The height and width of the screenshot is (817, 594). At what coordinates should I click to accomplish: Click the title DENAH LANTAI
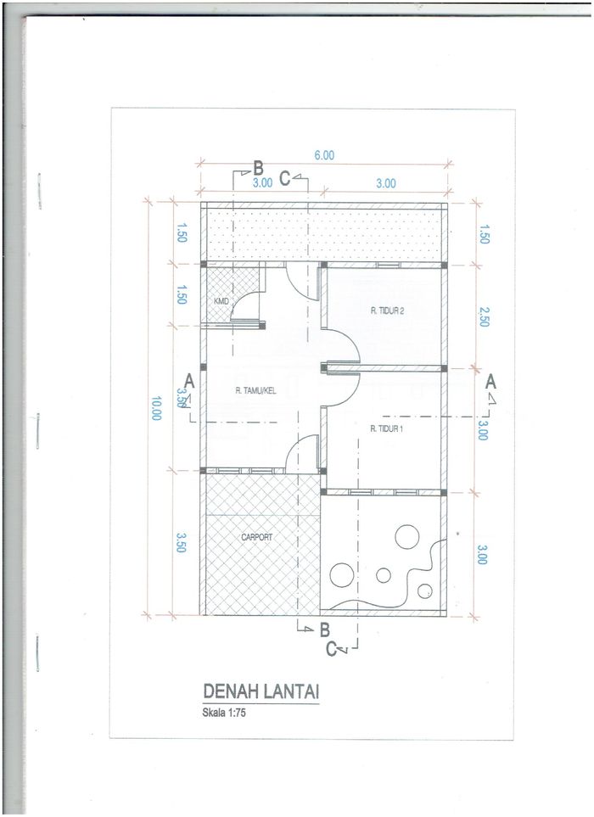click(261, 691)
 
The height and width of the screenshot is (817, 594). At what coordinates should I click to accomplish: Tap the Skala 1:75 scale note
click(223, 713)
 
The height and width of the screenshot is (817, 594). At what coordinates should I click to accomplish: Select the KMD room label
click(221, 301)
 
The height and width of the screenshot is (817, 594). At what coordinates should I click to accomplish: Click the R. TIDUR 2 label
click(387, 311)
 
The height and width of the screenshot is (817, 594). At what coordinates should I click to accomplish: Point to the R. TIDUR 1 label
click(386, 428)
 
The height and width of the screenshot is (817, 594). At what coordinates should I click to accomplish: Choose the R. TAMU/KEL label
click(255, 391)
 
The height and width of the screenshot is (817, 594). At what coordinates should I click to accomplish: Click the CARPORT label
click(256, 537)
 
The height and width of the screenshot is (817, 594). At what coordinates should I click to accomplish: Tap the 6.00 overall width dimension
click(324, 155)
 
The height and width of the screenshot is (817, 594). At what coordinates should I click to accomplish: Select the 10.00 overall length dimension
click(156, 408)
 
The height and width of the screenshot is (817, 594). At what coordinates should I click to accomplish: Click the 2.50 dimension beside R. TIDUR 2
click(484, 316)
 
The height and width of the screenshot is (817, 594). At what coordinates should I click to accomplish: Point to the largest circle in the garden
click(407, 536)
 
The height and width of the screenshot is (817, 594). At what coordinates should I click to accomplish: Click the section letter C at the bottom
click(332, 649)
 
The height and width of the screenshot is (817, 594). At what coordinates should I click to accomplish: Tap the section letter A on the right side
click(490, 383)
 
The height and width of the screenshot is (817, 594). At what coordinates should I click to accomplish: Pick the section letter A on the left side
click(189, 382)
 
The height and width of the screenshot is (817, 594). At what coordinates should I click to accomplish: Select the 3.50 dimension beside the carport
click(180, 542)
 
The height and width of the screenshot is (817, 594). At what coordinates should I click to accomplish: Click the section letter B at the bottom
click(325, 630)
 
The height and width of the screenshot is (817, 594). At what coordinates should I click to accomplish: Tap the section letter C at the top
click(284, 179)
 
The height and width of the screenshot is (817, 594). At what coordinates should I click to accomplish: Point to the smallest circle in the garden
click(424, 590)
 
